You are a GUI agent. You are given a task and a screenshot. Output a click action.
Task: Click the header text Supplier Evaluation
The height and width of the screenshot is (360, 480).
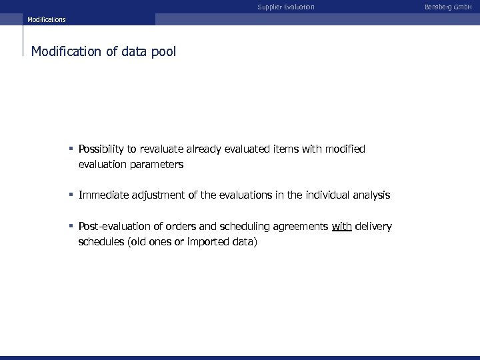click(x=286, y=7)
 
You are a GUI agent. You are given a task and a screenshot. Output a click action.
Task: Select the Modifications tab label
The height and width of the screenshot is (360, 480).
click(x=47, y=20)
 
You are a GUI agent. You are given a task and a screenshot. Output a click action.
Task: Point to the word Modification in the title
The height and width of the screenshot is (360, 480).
click(x=67, y=51)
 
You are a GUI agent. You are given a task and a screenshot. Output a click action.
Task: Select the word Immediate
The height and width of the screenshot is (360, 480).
click(x=103, y=195)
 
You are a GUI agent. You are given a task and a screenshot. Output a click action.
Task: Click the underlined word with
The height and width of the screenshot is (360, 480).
click(x=341, y=227)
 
